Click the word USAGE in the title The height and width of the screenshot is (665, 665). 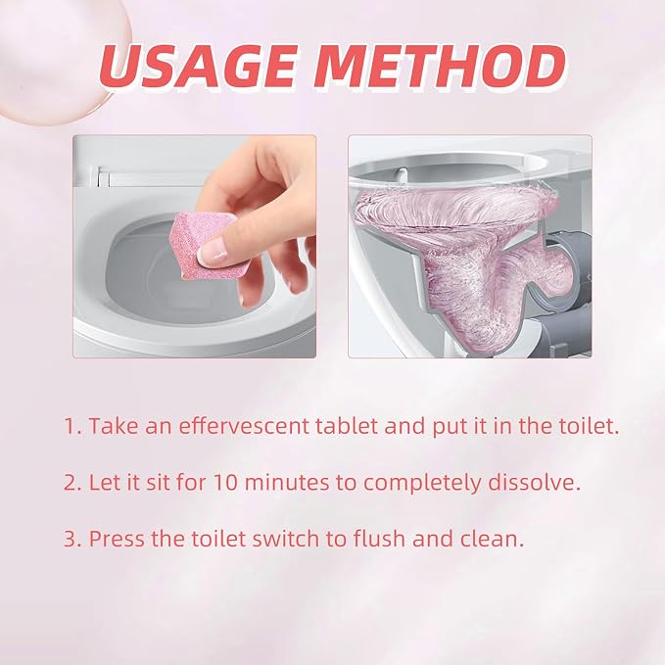click(x=197, y=67)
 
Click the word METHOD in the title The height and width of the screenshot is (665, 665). click(x=439, y=67)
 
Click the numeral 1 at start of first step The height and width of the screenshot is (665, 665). click(x=70, y=426)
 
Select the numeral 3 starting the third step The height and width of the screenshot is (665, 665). click(x=71, y=539)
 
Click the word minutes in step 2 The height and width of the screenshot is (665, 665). click(x=287, y=483)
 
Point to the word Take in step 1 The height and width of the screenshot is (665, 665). click(x=114, y=426)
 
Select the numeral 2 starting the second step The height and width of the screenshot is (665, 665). click(x=71, y=483)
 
